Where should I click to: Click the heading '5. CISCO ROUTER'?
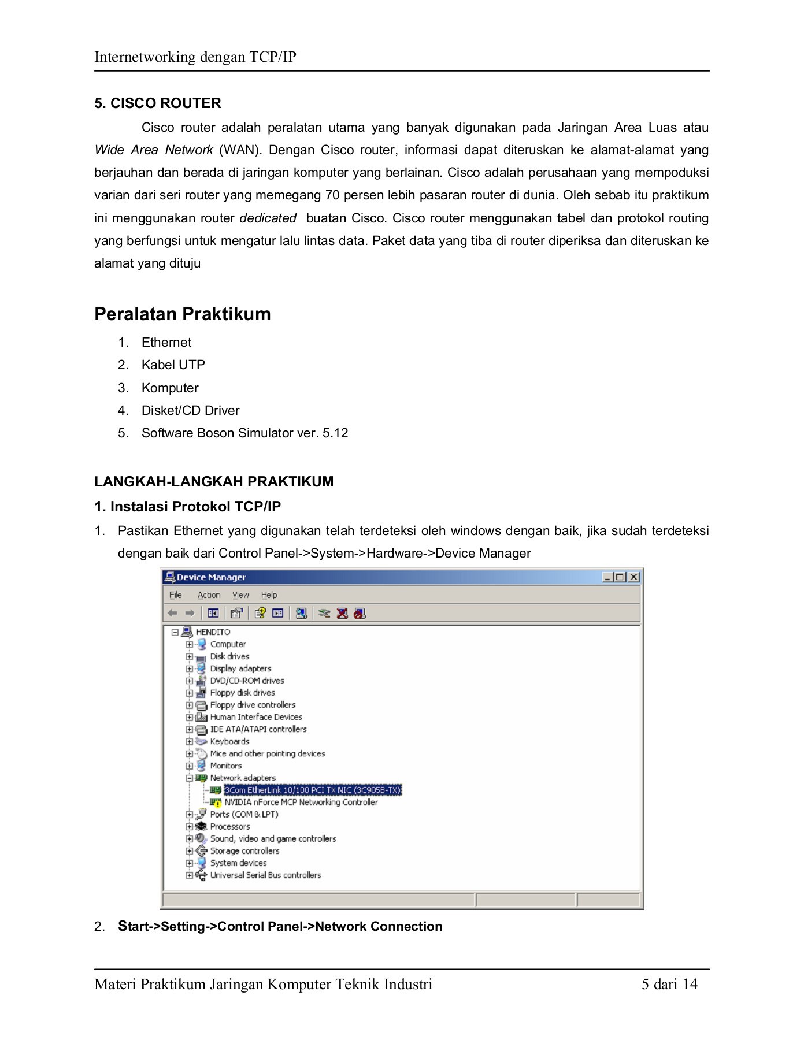coord(158,103)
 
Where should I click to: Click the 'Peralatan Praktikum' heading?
coord(182,314)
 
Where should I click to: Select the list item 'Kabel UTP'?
coord(173,365)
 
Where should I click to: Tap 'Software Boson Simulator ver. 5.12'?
coord(244,433)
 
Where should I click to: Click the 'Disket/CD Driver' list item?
coord(190,410)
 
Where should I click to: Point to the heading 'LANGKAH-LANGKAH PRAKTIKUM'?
coord(214,481)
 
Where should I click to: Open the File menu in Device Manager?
coord(176,595)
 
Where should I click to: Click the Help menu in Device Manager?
coord(269,595)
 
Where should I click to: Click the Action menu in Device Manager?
coord(209,595)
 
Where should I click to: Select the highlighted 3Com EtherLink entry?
coord(312,790)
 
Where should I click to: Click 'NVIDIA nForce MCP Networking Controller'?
coord(301,802)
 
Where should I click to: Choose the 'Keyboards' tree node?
coord(229,741)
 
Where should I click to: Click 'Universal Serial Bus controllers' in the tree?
coord(265,875)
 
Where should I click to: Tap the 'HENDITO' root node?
coord(213,632)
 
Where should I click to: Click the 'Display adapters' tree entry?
coord(240,668)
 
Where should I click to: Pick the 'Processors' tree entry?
coord(229,826)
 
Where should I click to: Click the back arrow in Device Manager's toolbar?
coord(172,613)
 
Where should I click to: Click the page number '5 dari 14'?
coord(669,984)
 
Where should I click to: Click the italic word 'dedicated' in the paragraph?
coord(268,218)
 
